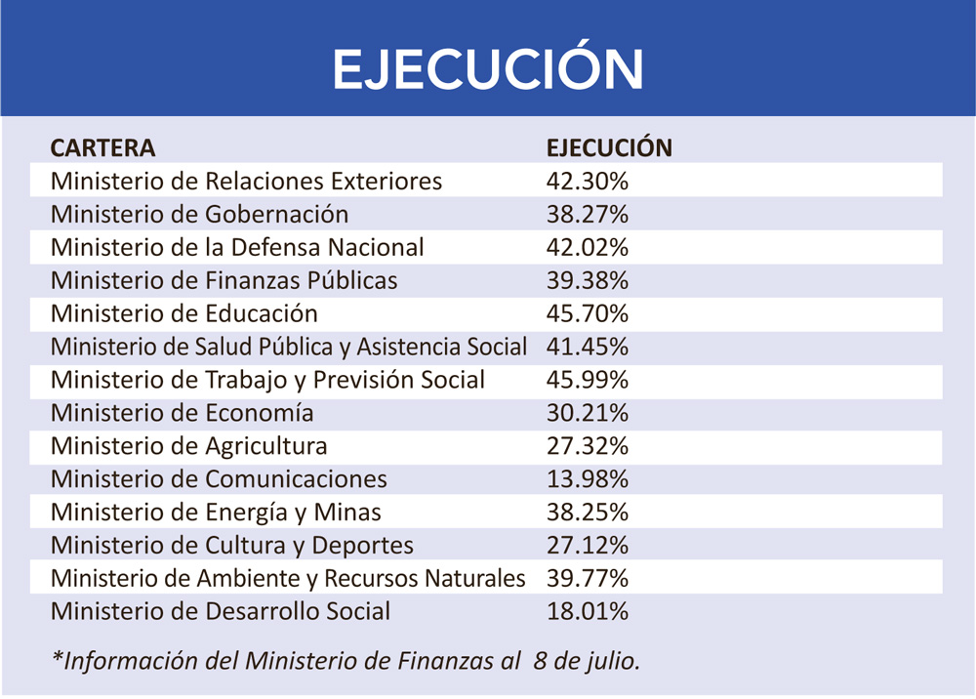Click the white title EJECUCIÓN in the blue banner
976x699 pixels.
click(488, 68)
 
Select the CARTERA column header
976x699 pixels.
click(102, 148)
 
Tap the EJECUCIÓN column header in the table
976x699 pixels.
click(609, 148)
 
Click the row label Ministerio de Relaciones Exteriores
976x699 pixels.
click(246, 182)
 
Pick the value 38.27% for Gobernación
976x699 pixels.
click(587, 215)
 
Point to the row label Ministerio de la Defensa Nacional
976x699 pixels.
click(237, 248)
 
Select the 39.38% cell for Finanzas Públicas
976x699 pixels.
click(587, 281)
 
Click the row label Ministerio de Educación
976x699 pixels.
click(184, 314)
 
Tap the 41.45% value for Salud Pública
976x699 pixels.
click(587, 347)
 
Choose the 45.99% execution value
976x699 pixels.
click(587, 380)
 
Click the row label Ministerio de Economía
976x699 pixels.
click(183, 413)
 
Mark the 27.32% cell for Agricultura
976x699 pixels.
click(587, 446)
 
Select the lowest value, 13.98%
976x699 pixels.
click(587, 479)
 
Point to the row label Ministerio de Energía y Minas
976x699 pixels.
click(216, 513)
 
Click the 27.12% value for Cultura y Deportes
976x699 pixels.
click(587, 546)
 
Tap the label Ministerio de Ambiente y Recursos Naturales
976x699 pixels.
click(288, 579)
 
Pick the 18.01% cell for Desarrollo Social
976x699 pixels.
click(587, 612)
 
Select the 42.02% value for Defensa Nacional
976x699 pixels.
click(587, 248)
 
